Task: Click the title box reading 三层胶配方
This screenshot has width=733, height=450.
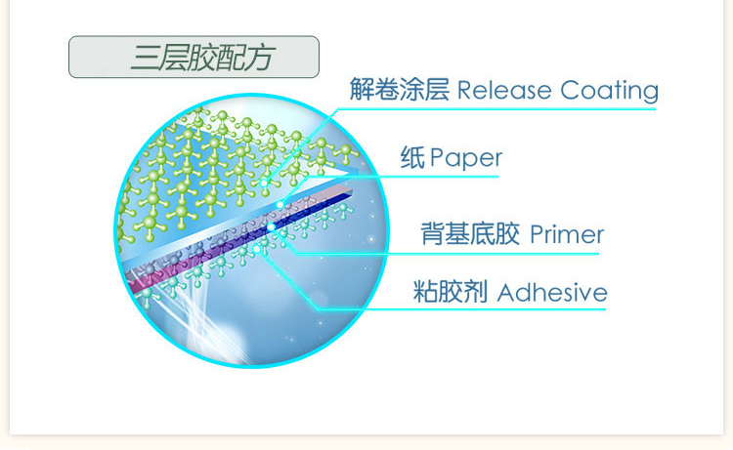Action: point(194,57)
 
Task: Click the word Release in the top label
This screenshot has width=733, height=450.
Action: point(504,90)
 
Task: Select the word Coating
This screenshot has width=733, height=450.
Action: point(609,91)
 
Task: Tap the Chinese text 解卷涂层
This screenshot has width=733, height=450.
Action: point(400,89)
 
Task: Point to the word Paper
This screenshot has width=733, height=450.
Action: point(465,158)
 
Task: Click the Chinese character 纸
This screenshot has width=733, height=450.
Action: point(412,157)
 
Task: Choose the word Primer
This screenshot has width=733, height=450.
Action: point(567,234)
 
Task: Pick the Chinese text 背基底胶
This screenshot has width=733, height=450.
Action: point(470,234)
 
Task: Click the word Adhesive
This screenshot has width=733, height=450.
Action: point(552,293)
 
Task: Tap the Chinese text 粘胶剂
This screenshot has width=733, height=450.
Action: point(451,292)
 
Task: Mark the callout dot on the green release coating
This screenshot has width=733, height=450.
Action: point(265,183)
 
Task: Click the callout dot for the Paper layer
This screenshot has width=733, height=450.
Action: point(280,204)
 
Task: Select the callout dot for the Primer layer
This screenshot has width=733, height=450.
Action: point(271,227)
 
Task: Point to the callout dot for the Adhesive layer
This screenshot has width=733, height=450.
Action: point(257,249)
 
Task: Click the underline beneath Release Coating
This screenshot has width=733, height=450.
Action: point(496,108)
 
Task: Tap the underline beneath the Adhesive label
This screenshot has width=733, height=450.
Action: point(461,308)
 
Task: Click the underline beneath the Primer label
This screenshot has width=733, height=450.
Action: point(448,254)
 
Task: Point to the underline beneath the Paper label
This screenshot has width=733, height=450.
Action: point(403,177)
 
